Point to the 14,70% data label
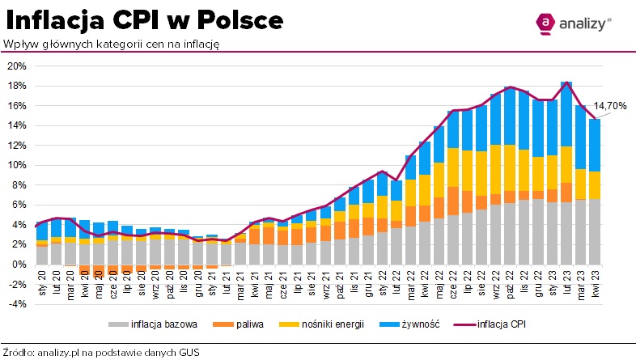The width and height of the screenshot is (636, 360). pos(610,105)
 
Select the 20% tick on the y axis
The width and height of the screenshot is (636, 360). pos(18,66)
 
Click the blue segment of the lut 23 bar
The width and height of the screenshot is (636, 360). pos(566,113)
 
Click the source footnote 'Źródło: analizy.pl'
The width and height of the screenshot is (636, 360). pos(100,352)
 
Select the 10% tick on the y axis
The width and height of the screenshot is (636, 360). pos(18,165)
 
